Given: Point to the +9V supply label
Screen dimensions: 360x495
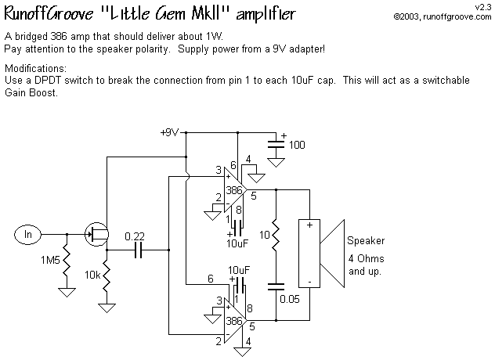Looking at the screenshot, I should [170, 132].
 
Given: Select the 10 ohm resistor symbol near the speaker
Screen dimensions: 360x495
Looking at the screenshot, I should [276, 235].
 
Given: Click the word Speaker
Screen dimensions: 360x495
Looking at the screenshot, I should [366, 240].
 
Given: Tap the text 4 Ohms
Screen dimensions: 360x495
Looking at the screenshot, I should [366, 259].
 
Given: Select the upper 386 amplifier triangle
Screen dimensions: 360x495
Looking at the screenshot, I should [232, 190].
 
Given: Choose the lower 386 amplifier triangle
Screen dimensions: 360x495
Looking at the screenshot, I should [232, 321].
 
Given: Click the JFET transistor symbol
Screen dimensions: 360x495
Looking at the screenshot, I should [98, 232].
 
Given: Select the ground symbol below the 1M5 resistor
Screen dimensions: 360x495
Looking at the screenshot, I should [67, 292].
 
